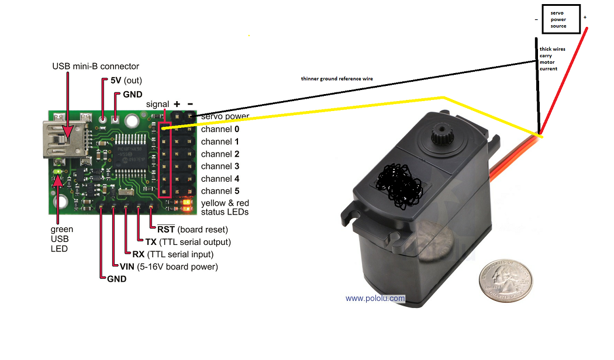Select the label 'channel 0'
pyautogui.click(x=220, y=129)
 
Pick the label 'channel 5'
pyautogui.click(x=220, y=191)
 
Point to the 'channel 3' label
pyautogui.click(x=220, y=167)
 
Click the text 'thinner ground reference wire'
pyautogui.click(x=336, y=78)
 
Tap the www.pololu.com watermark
pyautogui.click(x=375, y=298)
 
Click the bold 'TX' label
pyautogui.click(x=150, y=242)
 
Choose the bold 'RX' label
pyautogui.click(x=139, y=254)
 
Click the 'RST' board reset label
pyautogui.click(x=165, y=229)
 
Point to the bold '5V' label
pyautogui.click(x=116, y=80)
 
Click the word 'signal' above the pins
pyautogui.click(x=157, y=104)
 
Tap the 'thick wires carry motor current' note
pyautogui.click(x=549, y=59)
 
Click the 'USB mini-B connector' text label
pyautogui.click(x=96, y=66)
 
